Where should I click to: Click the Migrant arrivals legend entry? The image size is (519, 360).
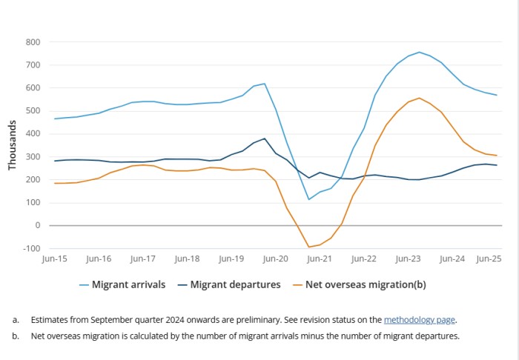[120, 284]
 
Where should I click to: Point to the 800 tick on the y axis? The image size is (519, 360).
[33, 42]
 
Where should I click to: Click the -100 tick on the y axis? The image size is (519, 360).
[32, 248]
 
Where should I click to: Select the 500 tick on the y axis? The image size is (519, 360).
[33, 111]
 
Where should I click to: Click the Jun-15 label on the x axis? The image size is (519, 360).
[55, 259]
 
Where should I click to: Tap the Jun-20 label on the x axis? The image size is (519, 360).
[275, 259]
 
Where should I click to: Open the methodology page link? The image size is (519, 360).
[419, 320]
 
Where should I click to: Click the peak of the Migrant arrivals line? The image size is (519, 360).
[419, 52]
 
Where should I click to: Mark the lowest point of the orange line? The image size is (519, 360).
[309, 247]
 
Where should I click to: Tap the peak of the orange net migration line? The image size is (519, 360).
[419, 98]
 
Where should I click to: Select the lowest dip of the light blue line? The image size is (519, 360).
[309, 199]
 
